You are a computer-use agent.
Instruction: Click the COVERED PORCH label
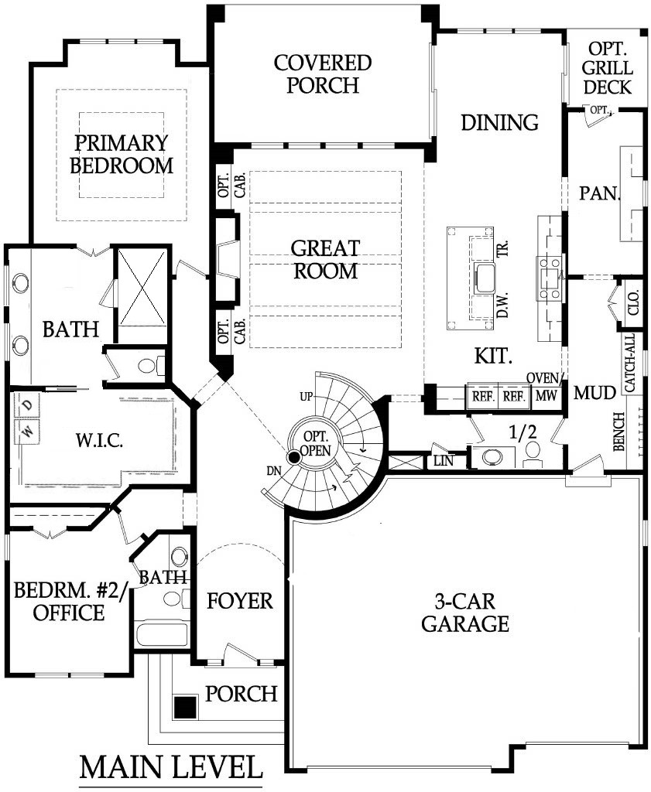point(323,73)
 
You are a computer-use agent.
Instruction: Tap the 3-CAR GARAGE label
point(465,613)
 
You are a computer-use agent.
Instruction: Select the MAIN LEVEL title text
point(171,766)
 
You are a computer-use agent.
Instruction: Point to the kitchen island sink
point(485,278)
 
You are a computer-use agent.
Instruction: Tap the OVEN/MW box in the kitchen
point(546,393)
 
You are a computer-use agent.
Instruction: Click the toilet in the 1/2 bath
point(533,452)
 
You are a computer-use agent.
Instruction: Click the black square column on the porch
point(185,707)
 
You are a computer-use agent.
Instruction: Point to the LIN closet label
point(444,461)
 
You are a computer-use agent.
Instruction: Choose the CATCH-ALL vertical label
point(630,363)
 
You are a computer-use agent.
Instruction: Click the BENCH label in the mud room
point(619,432)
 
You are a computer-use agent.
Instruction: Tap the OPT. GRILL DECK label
point(607,68)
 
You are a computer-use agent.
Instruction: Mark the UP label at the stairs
point(307,397)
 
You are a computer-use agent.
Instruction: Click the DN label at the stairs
point(275,471)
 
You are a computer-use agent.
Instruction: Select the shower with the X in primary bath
point(142,287)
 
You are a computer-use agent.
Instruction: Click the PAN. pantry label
point(599,193)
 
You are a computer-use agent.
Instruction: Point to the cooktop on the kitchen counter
point(550,278)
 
